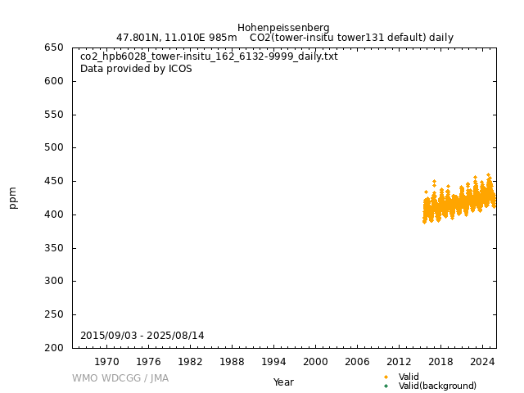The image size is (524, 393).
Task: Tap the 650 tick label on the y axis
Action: click(54, 47)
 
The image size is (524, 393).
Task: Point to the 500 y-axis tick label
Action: click(54, 148)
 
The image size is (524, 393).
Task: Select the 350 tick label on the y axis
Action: click(54, 248)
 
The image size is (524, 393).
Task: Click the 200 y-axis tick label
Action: click(54, 348)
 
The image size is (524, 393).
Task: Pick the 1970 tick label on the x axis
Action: click(106, 361)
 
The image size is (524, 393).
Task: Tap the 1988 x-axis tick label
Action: click(232, 361)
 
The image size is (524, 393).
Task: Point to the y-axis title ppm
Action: click(13, 197)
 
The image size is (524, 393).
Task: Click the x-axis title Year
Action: click(283, 382)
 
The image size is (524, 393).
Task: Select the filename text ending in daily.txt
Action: click(209, 56)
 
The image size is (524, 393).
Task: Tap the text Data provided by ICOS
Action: click(136, 69)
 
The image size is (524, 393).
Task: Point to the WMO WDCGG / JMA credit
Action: click(120, 378)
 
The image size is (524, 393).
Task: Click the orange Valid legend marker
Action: click(386, 377)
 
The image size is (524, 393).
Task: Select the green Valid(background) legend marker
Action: click(386, 386)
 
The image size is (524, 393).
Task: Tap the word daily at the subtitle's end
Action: click(440, 38)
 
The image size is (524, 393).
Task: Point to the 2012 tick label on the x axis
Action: click(399, 361)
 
